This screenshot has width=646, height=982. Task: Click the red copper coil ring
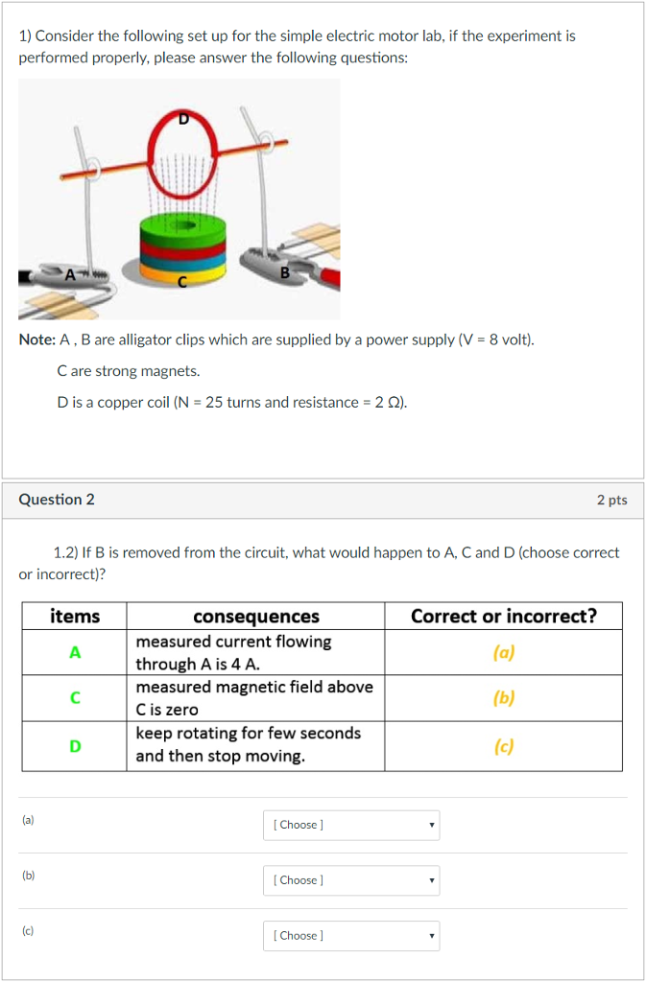click(x=150, y=153)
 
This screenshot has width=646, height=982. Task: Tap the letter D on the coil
click(x=184, y=119)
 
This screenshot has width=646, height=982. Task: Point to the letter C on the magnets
click(x=181, y=282)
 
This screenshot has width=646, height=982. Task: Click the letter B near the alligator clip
click(x=284, y=272)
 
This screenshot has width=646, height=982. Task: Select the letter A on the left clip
click(x=68, y=275)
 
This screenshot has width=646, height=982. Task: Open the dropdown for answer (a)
click(x=351, y=825)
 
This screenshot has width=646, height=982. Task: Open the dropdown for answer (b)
click(x=351, y=880)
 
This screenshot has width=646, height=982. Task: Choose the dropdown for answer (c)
click(x=351, y=936)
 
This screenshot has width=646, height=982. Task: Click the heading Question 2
click(x=57, y=500)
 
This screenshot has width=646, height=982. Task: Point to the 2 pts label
click(x=611, y=500)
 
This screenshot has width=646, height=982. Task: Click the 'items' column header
click(x=74, y=616)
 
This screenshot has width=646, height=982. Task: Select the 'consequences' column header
click(x=255, y=616)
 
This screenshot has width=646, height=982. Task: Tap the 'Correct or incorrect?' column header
click(x=503, y=616)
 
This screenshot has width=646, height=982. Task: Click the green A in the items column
click(x=74, y=652)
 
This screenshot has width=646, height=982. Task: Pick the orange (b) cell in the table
click(x=503, y=698)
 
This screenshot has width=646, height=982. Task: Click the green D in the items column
click(x=74, y=745)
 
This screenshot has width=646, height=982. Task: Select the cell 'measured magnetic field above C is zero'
click(x=254, y=698)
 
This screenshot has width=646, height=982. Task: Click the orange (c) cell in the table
click(x=503, y=745)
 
